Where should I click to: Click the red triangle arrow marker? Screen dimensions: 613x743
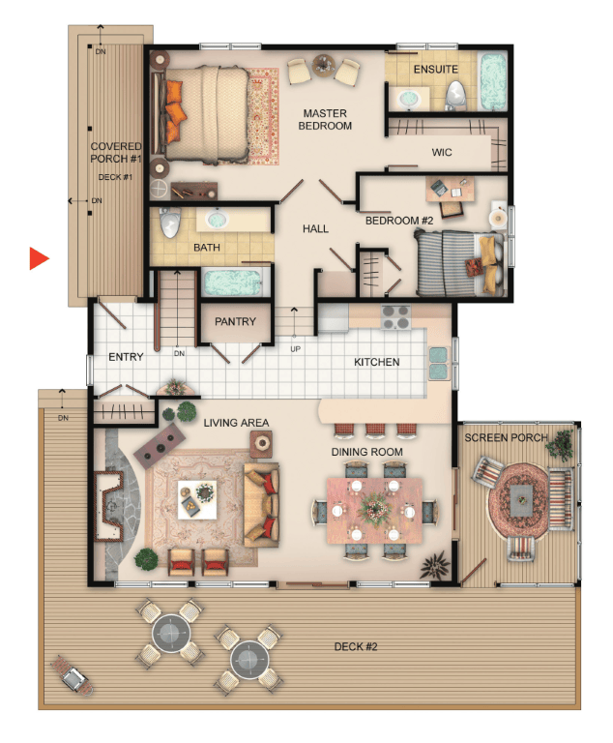pos(39,258)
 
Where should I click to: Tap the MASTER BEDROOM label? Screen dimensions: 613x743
pos(325,119)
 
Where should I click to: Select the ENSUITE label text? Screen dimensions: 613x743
pos(435,70)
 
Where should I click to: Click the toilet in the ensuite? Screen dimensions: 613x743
pos(455,95)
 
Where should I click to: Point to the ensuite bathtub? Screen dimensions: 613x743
pos(493,81)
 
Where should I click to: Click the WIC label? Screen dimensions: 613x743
pos(442,152)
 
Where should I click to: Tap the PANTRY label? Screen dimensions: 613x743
pos(235,321)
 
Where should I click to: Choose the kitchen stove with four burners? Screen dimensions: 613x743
pos(395,317)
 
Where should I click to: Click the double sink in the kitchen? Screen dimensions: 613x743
pos(439,364)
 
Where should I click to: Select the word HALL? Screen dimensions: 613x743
pos(315,229)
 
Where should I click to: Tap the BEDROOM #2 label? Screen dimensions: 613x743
pos(399,221)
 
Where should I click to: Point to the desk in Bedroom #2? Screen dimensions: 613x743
pos(450,190)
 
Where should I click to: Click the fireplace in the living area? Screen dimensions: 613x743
pos(108,506)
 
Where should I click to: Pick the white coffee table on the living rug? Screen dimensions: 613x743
pos(197,499)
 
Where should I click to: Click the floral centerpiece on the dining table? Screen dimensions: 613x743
pos(374,509)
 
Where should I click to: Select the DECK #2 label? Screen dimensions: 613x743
pos(355,646)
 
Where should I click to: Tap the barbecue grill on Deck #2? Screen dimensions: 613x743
pos(72,675)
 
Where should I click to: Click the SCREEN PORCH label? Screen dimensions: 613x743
pos(506,437)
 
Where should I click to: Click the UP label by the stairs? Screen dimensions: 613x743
pos(295,348)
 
